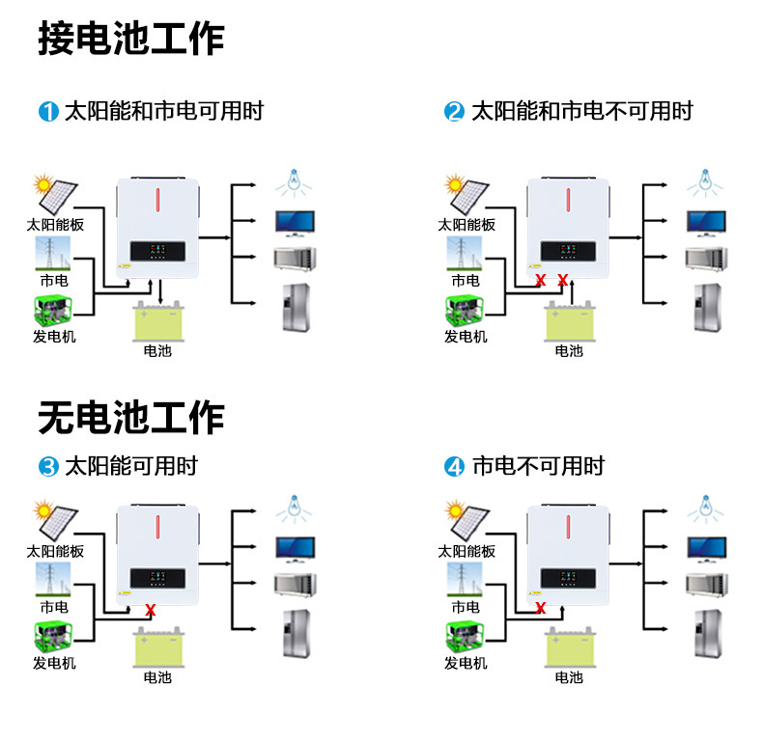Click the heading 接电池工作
click(131, 39)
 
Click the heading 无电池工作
click(131, 418)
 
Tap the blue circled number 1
click(48, 111)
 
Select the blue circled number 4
click(455, 468)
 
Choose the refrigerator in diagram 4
click(705, 632)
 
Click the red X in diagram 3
click(150, 609)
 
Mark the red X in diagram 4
click(541, 608)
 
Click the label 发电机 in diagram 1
click(54, 337)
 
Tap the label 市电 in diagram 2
click(466, 281)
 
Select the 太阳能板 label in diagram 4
click(466, 551)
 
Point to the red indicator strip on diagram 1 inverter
click(158, 201)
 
